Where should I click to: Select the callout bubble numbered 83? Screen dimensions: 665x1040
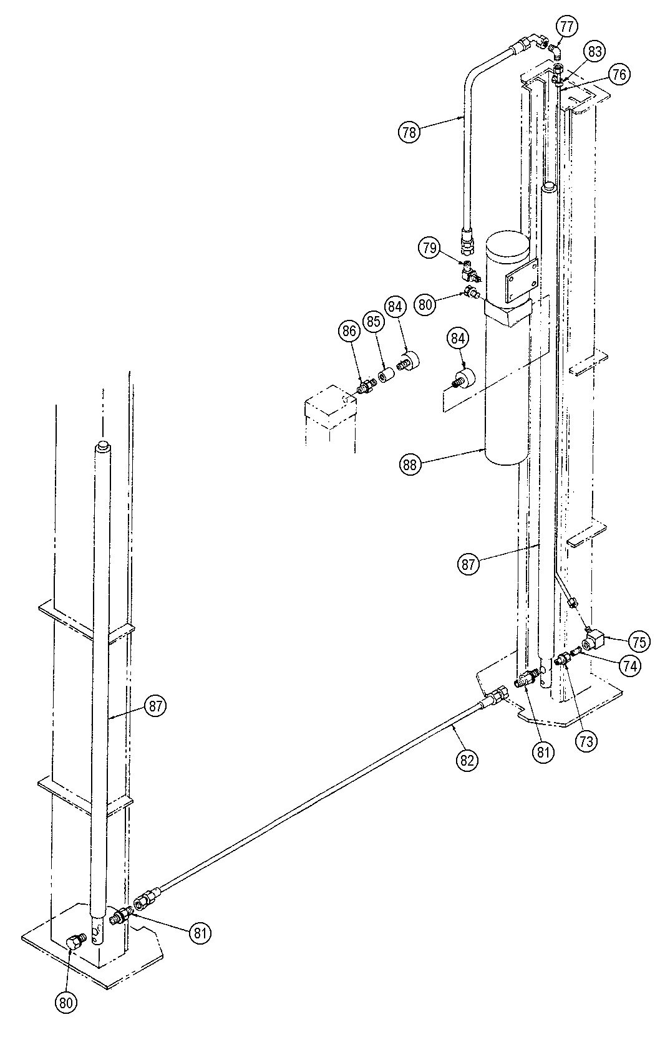tap(595, 51)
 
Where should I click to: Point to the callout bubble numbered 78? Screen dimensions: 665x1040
tap(409, 132)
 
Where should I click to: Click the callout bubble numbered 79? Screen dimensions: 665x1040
tap(430, 248)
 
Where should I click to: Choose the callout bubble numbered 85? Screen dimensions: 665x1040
tap(374, 321)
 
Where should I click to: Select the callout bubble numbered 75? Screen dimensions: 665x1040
tap(639, 642)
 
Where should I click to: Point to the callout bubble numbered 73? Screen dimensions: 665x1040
tap(586, 741)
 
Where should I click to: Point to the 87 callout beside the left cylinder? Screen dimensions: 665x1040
tap(155, 706)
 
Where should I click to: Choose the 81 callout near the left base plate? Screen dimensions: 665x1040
tap(200, 933)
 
